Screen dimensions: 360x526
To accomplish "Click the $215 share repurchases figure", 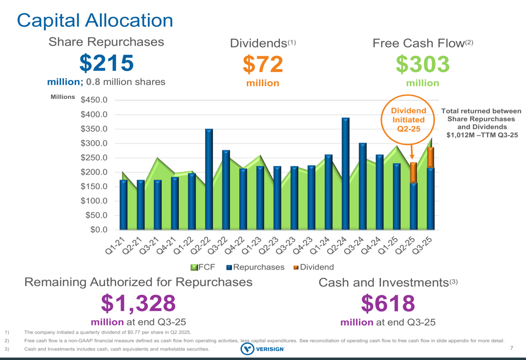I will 107,63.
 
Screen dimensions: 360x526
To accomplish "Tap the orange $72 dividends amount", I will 262,65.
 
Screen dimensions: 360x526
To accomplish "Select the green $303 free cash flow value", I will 422,65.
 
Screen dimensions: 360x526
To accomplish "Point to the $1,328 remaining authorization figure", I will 138,303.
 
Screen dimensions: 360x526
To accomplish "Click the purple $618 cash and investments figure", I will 388,303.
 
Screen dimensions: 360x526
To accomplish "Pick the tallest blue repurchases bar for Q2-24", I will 346,173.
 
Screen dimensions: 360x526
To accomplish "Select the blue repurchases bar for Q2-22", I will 209,179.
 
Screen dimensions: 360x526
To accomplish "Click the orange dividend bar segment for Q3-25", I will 430,157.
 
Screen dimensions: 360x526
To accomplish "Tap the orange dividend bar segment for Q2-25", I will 413,172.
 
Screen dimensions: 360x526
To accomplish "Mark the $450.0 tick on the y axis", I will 94,100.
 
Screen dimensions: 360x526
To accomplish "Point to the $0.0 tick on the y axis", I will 98,230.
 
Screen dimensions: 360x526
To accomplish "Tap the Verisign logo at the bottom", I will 262,349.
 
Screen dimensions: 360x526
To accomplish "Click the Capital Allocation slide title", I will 95,20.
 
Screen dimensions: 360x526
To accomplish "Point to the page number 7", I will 512,348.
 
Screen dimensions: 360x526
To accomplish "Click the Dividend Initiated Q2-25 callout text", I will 408,119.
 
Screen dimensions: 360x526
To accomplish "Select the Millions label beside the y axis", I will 63,97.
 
